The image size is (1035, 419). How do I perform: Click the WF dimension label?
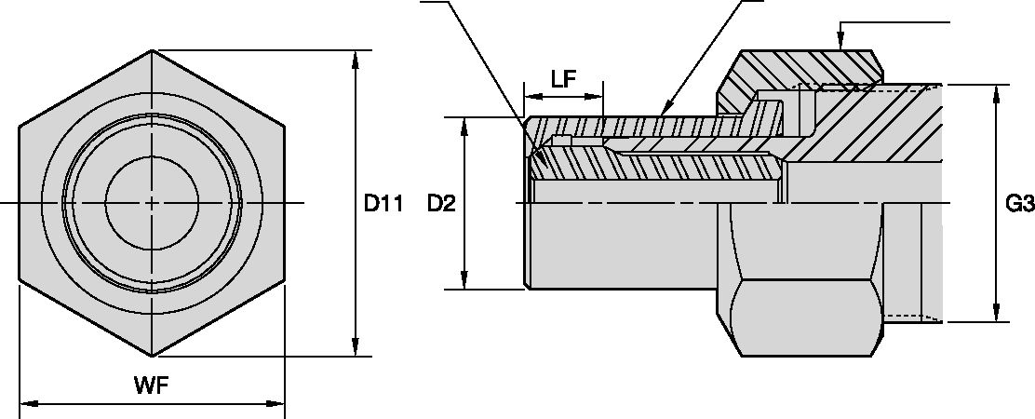(152, 385)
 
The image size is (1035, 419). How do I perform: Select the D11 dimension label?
(382, 203)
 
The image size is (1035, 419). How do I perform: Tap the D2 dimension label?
(441, 203)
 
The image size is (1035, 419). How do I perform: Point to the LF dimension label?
(562, 78)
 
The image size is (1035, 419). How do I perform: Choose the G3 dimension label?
(1020, 203)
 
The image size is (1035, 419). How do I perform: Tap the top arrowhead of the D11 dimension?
(354, 58)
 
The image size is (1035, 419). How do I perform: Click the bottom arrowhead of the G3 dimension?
(996, 315)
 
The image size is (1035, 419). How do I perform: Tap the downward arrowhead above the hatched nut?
(840, 42)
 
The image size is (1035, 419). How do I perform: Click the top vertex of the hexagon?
(153, 50)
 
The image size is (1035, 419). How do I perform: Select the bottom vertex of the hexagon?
(153, 356)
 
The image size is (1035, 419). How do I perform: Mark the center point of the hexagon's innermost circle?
(152, 202)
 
